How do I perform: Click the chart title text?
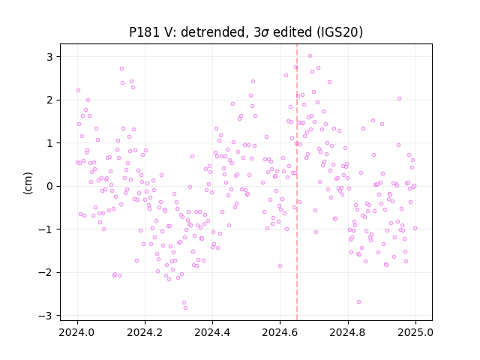[246, 32]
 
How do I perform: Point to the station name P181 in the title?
[142, 32]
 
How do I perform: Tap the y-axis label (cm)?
[28, 183]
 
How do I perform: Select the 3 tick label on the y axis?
[49, 57]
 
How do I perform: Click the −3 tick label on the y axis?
[45, 316]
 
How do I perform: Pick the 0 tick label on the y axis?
[49, 186]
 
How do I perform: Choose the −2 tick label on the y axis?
[45, 272]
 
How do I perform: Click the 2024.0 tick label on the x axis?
[77, 332]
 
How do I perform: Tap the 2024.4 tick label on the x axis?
[212, 332]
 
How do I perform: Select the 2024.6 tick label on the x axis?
[280, 332]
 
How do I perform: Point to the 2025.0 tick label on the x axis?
[415, 332]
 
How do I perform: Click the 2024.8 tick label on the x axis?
[348, 332]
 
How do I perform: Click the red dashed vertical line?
[297, 182]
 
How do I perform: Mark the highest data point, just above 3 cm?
[310, 56]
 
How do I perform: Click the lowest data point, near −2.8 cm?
[185, 308]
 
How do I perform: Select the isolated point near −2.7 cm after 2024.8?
[358, 301]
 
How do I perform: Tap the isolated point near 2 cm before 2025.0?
[399, 98]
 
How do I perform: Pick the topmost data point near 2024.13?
[121, 68]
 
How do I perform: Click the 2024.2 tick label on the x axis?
[145, 332]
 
